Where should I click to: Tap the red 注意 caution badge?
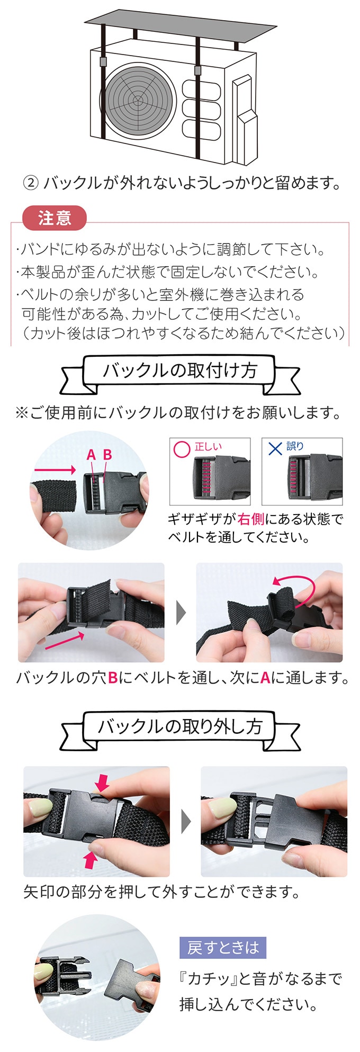click(54, 218)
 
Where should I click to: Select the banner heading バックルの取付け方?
click(179, 371)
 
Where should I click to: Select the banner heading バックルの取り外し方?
click(179, 726)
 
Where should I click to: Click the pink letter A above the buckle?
click(91, 455)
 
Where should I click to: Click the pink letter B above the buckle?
click(107, 455)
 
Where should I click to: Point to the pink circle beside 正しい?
click(182, 449)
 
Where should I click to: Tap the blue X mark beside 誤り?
click(275, 448)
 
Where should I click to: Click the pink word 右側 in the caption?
click(251, 519)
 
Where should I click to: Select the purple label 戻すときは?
click(223, 947)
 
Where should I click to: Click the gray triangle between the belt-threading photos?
click(181, 613)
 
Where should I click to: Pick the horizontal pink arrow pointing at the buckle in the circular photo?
click(56, 470)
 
